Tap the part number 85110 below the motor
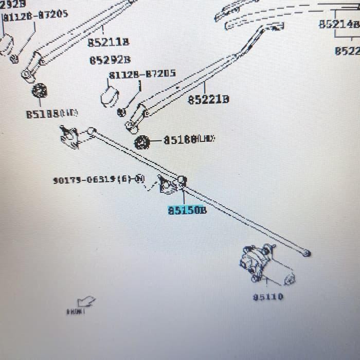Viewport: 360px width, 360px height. (x=268, y=297)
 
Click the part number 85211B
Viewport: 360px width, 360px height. (x=108, y=42)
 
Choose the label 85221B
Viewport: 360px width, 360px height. (x=208, y=99)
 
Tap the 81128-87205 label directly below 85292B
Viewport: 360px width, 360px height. (x=141, y=74)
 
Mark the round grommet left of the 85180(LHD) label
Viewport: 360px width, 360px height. (x=141, y=142)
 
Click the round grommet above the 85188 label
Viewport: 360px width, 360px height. (x=40, y=92)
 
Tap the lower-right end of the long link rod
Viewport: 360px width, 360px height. (x=307, y=253)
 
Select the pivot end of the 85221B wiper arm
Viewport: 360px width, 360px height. (x=132, y=125)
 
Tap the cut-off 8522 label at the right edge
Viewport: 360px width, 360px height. (x=347, y=51)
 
